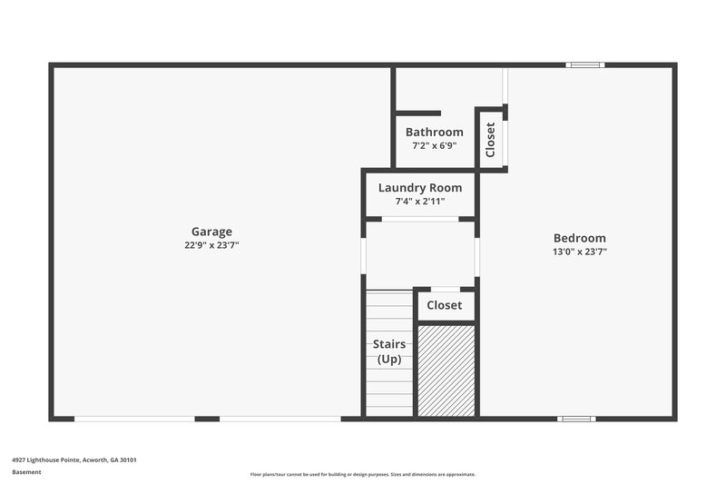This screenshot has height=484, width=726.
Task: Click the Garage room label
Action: [211, 232]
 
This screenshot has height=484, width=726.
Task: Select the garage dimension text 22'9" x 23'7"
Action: [211, 245]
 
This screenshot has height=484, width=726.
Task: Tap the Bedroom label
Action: [579, 238]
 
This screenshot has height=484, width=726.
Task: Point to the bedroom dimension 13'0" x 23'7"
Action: [579, 252]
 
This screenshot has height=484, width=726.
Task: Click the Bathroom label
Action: [434, 132]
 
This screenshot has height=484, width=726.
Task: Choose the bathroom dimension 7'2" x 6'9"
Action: [434, 145]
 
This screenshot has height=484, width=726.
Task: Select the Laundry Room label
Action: [419, 188]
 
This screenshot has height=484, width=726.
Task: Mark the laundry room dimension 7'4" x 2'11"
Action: [419, 201]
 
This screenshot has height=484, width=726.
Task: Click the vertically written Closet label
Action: [491, 140]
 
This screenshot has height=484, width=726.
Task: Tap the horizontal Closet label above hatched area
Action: [445, 305]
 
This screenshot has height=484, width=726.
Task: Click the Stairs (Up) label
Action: [389, 351]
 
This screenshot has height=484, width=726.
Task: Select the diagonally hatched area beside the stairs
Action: [446, 370]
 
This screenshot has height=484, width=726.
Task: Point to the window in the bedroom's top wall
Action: [584, 64]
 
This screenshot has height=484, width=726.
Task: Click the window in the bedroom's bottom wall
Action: [576, 419]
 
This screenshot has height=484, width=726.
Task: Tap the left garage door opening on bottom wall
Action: [134, 419]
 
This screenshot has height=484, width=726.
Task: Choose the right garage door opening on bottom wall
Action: [280, 419]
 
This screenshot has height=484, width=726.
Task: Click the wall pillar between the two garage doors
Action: [207, 419]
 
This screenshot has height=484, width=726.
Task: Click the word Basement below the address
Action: [27, 472]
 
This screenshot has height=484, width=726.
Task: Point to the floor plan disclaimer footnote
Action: [363, 474]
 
